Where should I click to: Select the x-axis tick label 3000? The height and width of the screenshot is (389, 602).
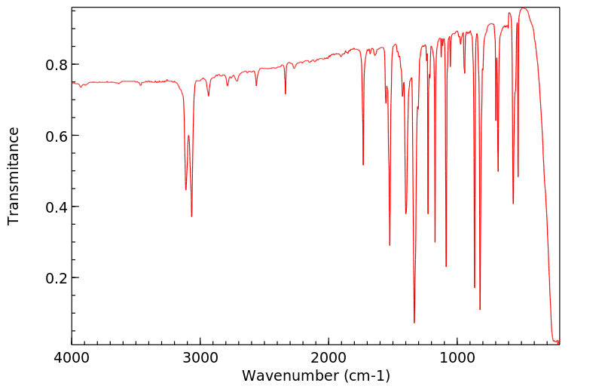point(200,360)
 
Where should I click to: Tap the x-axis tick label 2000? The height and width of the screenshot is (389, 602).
point(329,360)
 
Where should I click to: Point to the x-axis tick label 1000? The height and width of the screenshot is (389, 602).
point(457,360)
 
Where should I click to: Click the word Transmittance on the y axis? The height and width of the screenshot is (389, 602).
point(14,176)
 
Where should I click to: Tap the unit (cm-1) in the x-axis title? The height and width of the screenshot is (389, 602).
point(367,375)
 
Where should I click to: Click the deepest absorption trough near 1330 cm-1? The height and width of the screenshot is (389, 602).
point(414,323)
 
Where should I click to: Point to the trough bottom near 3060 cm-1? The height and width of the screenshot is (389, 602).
point(191,216)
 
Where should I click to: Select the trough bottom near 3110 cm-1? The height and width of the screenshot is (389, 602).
point(186,189)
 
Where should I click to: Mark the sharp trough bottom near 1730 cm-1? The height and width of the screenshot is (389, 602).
point(363,165)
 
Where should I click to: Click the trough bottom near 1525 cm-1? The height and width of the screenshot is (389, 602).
point(390,245)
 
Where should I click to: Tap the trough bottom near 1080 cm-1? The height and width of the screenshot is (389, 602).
point(446,266)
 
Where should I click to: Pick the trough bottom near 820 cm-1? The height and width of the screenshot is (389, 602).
point(480,309)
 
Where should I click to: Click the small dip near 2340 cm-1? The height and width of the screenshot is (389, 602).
point(285,93)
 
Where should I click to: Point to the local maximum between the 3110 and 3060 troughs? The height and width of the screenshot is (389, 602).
point(188,136)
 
